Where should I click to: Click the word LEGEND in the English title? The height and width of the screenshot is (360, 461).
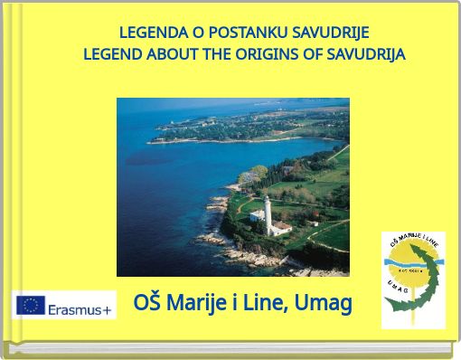coord(112,54)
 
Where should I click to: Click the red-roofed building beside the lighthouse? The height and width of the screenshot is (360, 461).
coord(281,226)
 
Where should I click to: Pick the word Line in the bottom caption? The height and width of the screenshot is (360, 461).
coord(262,303)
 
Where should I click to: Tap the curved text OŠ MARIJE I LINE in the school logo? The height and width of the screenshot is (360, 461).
coord(411,243)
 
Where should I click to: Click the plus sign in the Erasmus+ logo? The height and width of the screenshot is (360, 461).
coord(108,308)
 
